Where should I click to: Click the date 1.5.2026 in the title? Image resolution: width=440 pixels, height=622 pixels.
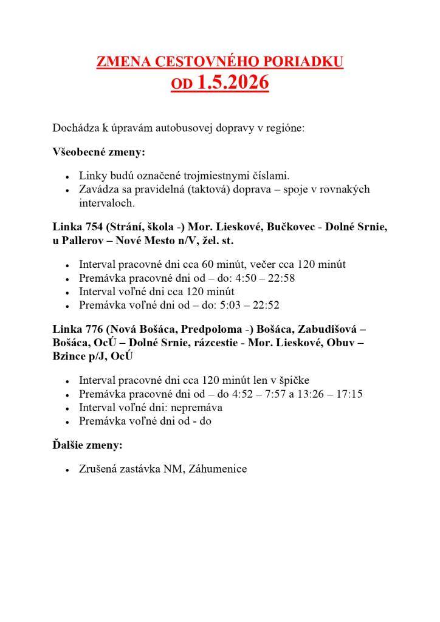tap(233, 82)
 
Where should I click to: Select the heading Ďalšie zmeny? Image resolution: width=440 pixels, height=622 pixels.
tap(88, 445)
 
